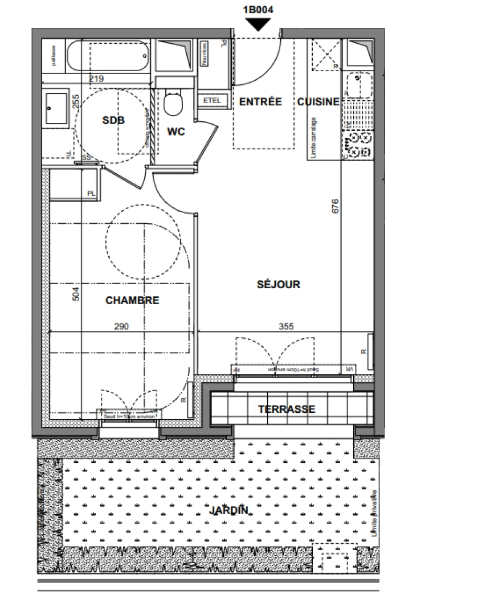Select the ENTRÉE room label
(x=260, y=102)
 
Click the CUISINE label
(x=318, y=102)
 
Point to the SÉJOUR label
(x=278, y=284)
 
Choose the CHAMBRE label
(x=132, y=300)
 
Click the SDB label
(x=113, y=120)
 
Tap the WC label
(x=176, y=132)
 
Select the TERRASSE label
(x=287, y=409)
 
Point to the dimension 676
(x=335, y=206)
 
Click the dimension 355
(x=286, y=326)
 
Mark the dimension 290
(x=121, y=326)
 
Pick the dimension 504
(x=76, y=294)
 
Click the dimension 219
(x=96, y=79)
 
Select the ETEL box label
(x=212, y=101)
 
